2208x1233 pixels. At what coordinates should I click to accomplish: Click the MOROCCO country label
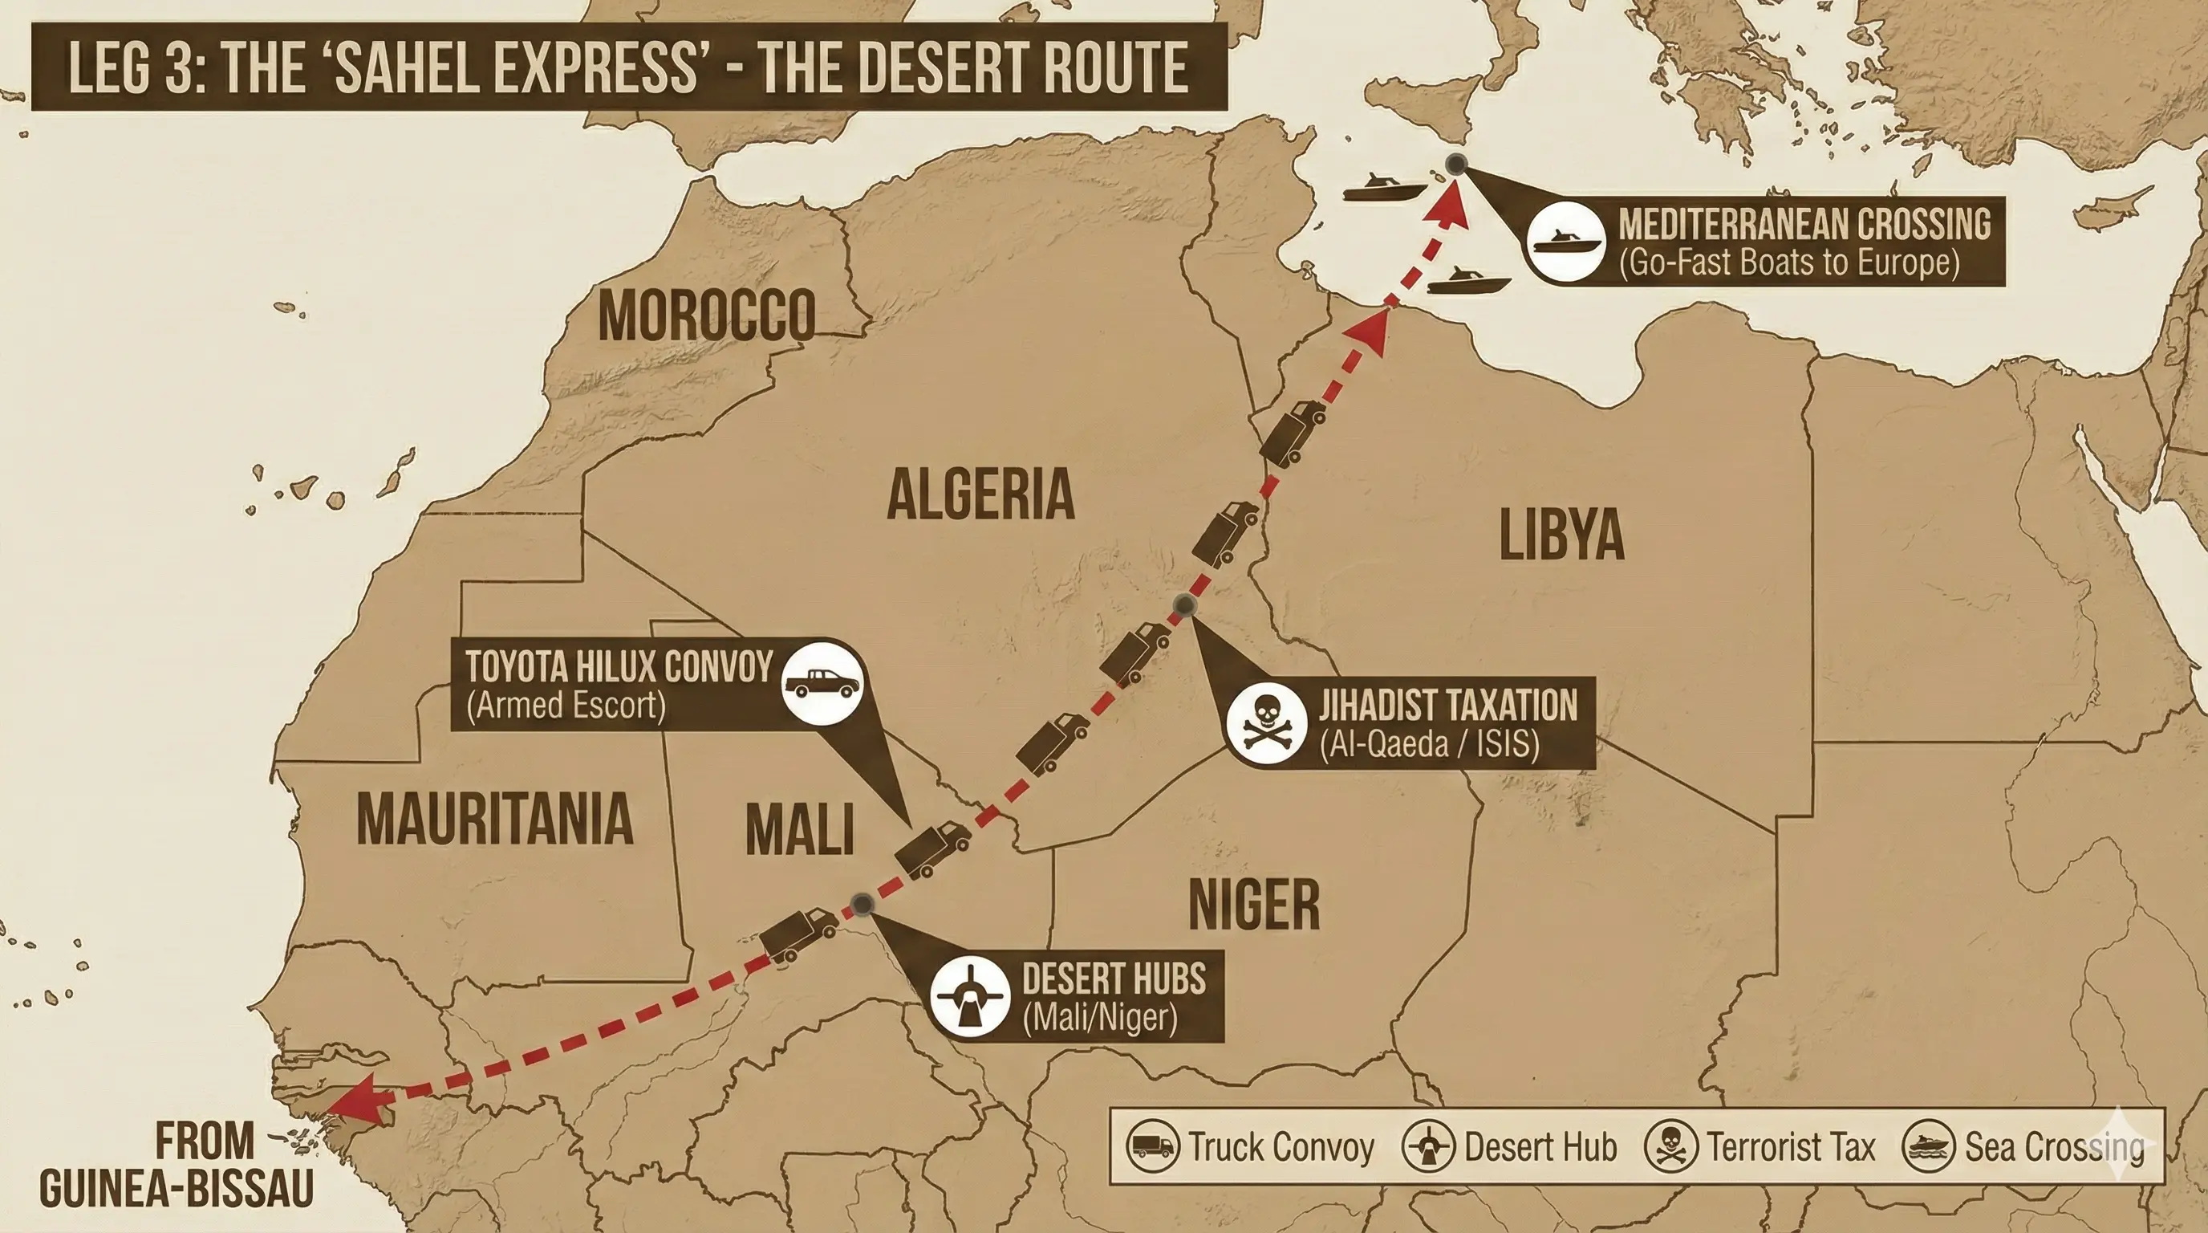706,315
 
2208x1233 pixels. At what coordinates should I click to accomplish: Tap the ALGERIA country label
980,494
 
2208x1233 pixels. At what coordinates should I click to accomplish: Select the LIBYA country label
1561,535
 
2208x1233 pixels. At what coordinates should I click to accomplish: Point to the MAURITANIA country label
494,819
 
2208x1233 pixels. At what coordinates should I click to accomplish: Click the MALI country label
799,830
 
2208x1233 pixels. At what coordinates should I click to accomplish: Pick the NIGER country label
1254,905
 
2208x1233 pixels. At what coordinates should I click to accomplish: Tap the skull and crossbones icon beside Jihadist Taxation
1266,722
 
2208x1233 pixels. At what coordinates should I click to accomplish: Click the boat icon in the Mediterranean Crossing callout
1567,242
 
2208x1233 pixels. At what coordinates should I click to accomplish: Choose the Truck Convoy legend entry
1252,1146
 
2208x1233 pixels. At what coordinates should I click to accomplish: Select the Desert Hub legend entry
1510,1146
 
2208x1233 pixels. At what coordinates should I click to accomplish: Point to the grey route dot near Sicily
1456,165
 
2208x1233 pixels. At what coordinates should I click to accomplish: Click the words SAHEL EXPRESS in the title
514,67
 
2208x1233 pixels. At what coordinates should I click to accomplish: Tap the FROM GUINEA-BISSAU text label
176,1166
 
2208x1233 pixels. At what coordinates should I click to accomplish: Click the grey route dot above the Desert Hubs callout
862,904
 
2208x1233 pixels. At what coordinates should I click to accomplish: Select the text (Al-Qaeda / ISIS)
1429,743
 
